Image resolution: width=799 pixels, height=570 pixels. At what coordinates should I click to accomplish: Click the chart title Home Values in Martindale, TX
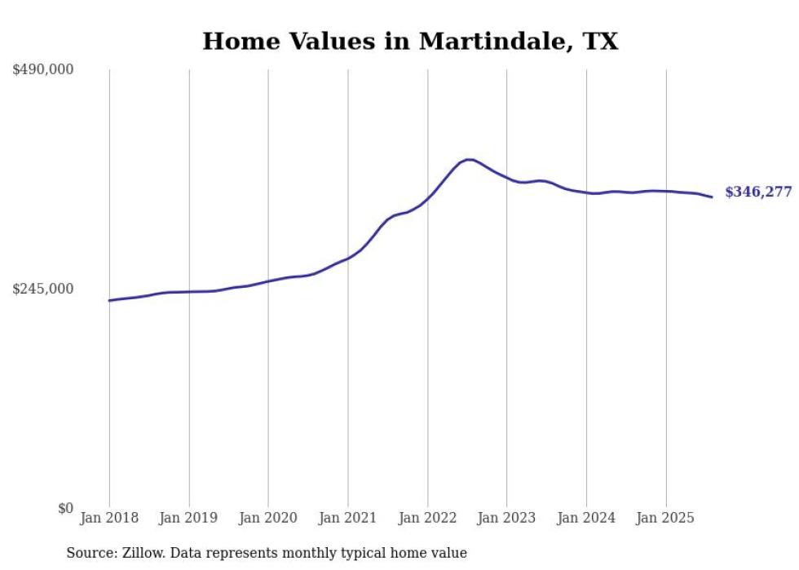(x=410, y=41)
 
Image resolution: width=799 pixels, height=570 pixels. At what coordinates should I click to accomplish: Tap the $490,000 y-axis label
(x=43, y=70)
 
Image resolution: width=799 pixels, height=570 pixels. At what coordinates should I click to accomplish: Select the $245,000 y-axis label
(x=43, y=289)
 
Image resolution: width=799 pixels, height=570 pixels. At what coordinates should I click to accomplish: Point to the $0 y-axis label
(x=66, y=508)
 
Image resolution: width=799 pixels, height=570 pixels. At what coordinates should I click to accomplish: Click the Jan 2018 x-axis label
(x=109, y=518)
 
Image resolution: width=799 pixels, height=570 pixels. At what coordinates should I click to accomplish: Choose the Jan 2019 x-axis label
(x=189, y=518)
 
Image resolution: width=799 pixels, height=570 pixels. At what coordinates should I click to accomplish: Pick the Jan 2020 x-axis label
(x=268, y=518)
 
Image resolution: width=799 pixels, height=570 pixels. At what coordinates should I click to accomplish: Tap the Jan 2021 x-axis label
(x=348, y=518)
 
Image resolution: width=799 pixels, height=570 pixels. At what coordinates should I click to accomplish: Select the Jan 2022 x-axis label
(x=427, y=518)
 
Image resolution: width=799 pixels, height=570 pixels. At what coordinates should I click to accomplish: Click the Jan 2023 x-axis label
(x=507, y=518)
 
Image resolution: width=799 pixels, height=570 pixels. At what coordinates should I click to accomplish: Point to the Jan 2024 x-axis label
(x=586, y=518)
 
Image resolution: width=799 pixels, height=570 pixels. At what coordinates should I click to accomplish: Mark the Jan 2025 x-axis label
(x=666, y=518)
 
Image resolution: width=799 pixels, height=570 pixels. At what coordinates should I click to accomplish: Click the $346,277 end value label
(x=758, y=192)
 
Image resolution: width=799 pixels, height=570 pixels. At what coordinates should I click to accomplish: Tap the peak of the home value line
(x=468, y=159)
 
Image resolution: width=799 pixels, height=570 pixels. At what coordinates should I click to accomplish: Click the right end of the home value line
(x=712, y=197)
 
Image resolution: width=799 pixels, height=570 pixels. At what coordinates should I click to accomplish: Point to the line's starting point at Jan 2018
(x=109, y=300)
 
